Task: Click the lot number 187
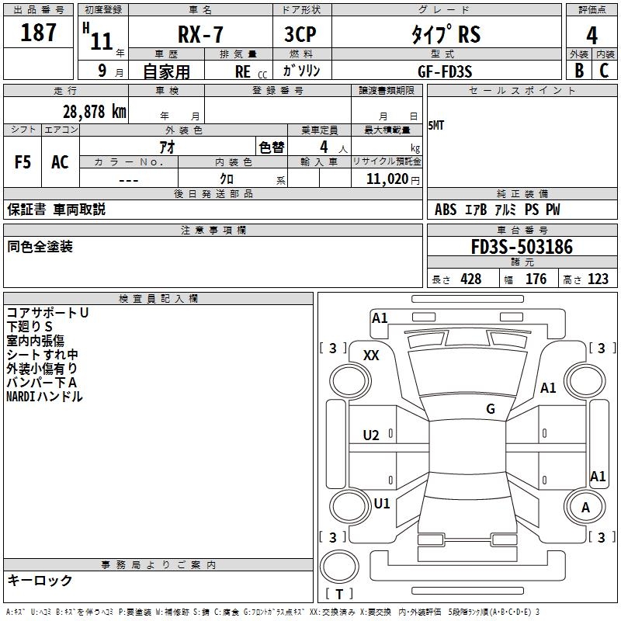[x=38, y=33]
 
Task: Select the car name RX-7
[x=200, y=34]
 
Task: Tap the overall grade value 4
[x=592, y=36]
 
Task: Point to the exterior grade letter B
[x=579, y=71]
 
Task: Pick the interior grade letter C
[x=604, y=71]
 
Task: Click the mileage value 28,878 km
[x=95, y=112]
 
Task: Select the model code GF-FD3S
[x=445, y=71]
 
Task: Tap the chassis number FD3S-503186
[x=522, y=247]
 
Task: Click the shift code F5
[x=23, y=162]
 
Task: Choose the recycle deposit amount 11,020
[x=387, y=179]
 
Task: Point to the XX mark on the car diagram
[x=371, y=356]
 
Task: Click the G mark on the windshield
[x=491, y=409]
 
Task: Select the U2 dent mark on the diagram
[x=371, y=435]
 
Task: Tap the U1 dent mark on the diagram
[x=382, y=503]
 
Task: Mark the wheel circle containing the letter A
[x=585, y=508]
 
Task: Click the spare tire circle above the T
[x=339, y=566]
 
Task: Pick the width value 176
[x=536, y=279]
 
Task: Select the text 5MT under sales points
[x=435, y=126]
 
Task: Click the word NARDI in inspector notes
[x=21, y=397]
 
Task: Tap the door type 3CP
[x=300, y=34]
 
